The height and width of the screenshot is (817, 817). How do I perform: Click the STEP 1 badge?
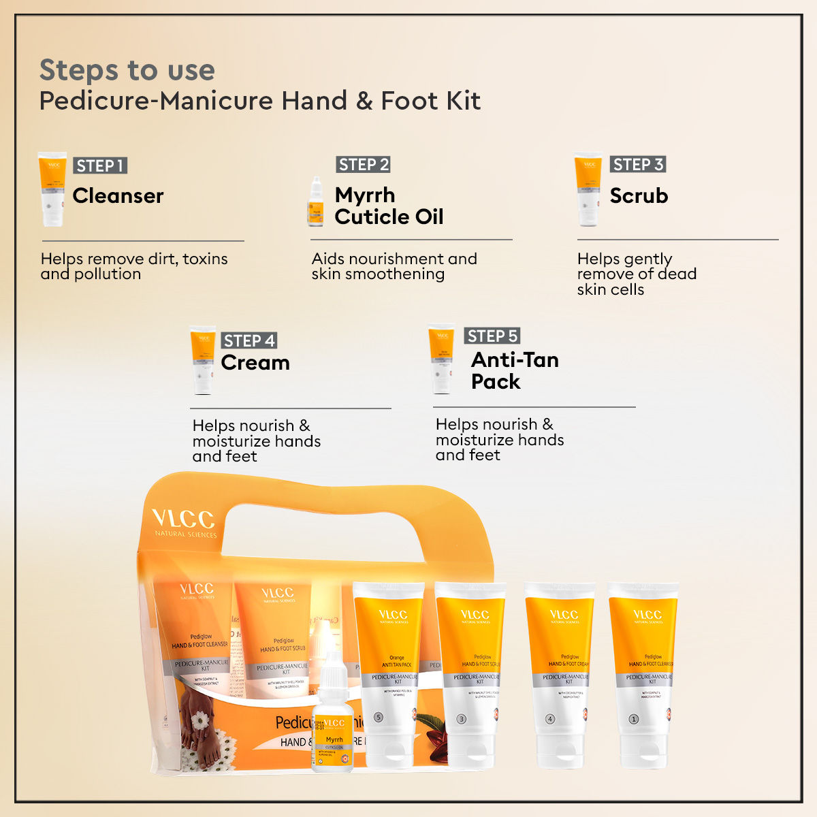[x=100, y=165]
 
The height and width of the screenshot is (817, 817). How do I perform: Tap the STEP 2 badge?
[x=364, y=165]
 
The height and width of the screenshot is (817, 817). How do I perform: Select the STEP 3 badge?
[x=638, y=165]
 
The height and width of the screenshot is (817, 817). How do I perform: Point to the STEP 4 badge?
[x=249, y=340]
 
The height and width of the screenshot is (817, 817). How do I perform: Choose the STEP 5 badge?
[x=493, y=336]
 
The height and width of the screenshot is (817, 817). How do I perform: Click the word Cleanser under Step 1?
[x=118, y=196]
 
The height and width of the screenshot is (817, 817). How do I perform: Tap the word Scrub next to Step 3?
[x=639, y=196]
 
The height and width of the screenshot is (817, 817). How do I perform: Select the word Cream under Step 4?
[x=255, y=363]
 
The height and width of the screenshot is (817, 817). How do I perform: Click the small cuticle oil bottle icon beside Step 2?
[x=315, y=203]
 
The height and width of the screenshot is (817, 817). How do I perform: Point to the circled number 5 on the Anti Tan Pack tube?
[x=379, y=718]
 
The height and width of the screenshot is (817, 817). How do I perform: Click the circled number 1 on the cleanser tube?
[x=633, y=719]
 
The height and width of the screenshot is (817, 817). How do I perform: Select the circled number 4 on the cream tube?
[x=550, y=719]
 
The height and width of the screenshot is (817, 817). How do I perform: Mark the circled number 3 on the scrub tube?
[x=461, y=719]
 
